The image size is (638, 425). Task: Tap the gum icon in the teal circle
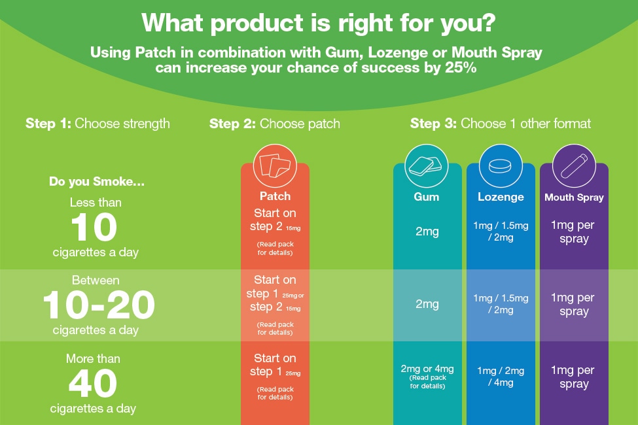coord(427,167)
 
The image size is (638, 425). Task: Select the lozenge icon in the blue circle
coord(501,167)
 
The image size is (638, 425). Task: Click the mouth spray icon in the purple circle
coord(574,167)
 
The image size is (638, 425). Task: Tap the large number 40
coord(93,384)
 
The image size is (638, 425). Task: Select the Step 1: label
coord(48,124)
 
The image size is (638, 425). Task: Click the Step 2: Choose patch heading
coord(274,124)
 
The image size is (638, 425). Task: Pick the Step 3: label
coord(433,124)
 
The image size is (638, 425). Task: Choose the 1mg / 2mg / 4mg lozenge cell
coord(501,377)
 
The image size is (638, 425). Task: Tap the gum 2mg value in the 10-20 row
coord(427,304)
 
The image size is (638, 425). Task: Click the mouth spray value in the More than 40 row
coord(574,377)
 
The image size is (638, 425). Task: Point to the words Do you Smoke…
coord(97,182)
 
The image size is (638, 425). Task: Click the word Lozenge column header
coord(501,197)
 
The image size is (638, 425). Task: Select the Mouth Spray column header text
coord(574,197)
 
